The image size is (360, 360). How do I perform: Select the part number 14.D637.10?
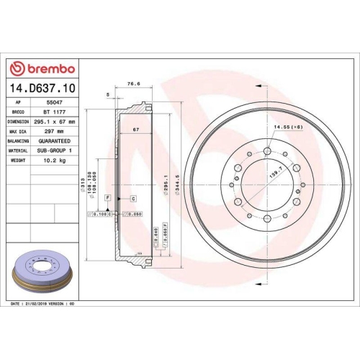(x=42, y=89)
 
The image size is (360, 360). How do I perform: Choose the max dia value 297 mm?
(x=50, y=132)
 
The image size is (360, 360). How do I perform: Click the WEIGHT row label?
(x=18, y=162)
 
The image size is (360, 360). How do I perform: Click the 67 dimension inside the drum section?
(x=135, y=130)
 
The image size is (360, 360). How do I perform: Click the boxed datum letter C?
(x=132, y=197)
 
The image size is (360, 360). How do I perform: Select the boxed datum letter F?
(x=107, y=197)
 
